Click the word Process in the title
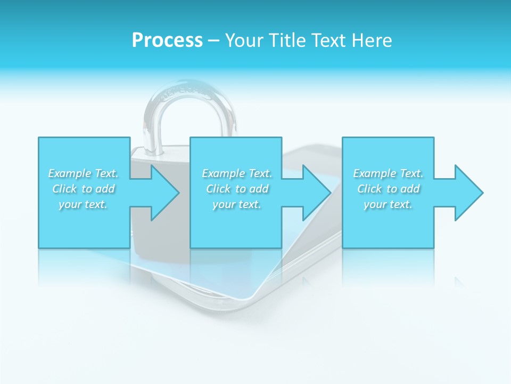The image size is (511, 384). [167, 41]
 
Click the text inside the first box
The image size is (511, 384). [84, 189]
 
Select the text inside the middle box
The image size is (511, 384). [237, 189]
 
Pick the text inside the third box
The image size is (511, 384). [388, 189]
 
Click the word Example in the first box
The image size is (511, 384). [69, 173]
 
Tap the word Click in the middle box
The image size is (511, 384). [218, 189]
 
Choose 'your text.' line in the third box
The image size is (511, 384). [388, 204]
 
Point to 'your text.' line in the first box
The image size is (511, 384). [84, 204]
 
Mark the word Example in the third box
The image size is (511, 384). [374, 173]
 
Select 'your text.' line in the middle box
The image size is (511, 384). [237, 204]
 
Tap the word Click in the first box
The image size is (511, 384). [64, 189]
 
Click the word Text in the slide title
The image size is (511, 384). [327, 41]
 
